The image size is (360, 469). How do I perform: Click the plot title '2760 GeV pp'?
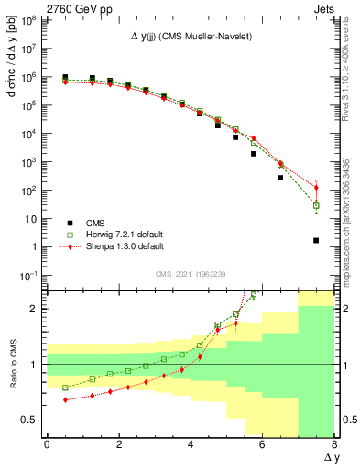74,7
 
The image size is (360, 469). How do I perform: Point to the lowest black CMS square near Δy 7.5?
316,241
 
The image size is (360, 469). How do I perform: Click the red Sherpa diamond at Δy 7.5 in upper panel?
316,188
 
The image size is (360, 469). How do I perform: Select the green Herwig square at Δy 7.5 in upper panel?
316,205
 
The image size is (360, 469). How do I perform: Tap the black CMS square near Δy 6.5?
280,178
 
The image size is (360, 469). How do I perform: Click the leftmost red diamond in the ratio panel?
65,399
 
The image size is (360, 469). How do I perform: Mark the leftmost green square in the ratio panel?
65,387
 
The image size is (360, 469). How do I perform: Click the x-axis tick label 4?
191,443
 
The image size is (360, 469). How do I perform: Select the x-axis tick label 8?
334,443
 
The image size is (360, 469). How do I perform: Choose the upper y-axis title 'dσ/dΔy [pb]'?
12,69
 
